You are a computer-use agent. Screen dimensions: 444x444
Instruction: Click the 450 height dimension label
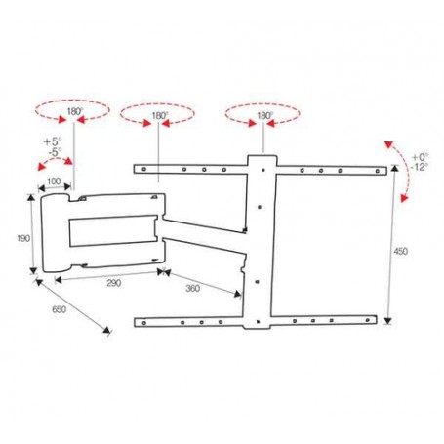[x=401, y=252]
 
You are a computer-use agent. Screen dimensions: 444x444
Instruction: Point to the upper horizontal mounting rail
[x=195, y=172]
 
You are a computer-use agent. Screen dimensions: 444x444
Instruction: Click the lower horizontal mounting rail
[x=195, y=318]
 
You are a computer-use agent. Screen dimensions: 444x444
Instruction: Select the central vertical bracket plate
[x=261, y=244]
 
